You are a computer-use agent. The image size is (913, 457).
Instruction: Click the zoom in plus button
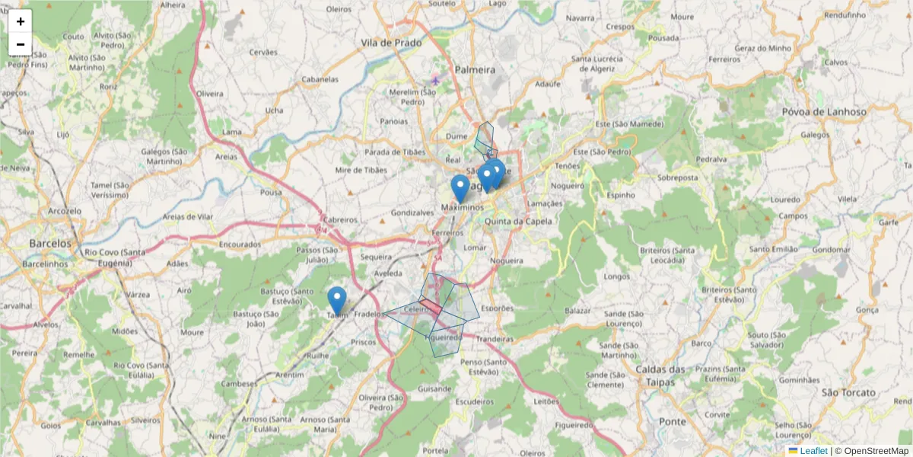pyautogui.click(x=21, y=21)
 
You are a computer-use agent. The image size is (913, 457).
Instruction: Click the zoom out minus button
pyautogui.click(x=21, y=44)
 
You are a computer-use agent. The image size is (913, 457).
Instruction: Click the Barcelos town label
pyautogui.click(x=50, y=243)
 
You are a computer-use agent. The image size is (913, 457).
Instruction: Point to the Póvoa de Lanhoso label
pyautogui.click(x=824, y=112)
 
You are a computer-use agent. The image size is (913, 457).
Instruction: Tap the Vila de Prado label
pyautogui.click(x=391, y=43)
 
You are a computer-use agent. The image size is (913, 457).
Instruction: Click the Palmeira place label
pyautogui.click(x=476, y=70)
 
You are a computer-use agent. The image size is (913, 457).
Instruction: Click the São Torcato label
pyautogui.click(x=849, y=392)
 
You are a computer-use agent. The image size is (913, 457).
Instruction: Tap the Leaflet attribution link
pyautogui.click(x=813, y=451)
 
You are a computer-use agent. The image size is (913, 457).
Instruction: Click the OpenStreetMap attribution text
pyautogui.click(x=876, y=451)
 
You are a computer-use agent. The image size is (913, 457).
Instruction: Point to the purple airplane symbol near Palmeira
pyautogui.click(x=435, y=80)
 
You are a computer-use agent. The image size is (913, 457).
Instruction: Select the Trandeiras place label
pyautogui.click(x=495, y=339)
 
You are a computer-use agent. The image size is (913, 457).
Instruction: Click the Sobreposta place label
pyautogui.click(x=678, y=177)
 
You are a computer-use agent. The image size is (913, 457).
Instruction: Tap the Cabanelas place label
pyautogui.click(x=320, y=79)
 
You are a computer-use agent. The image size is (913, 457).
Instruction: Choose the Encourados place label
pyautogui.click(x=240, y=245)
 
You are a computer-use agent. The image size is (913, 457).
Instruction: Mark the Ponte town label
pyautogui.click(x=673, y=421)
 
